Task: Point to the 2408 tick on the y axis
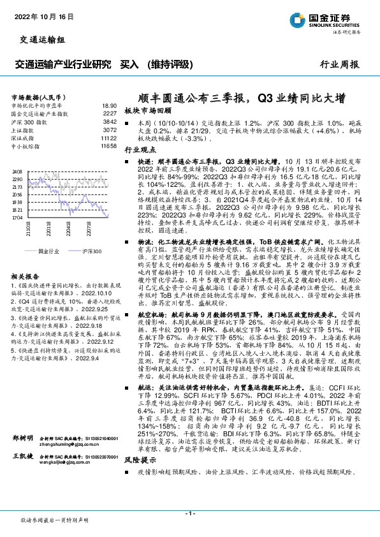(x=18, y=172)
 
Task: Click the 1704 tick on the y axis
(x=18, y=217)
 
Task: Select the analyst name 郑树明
(x=22, y=439)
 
